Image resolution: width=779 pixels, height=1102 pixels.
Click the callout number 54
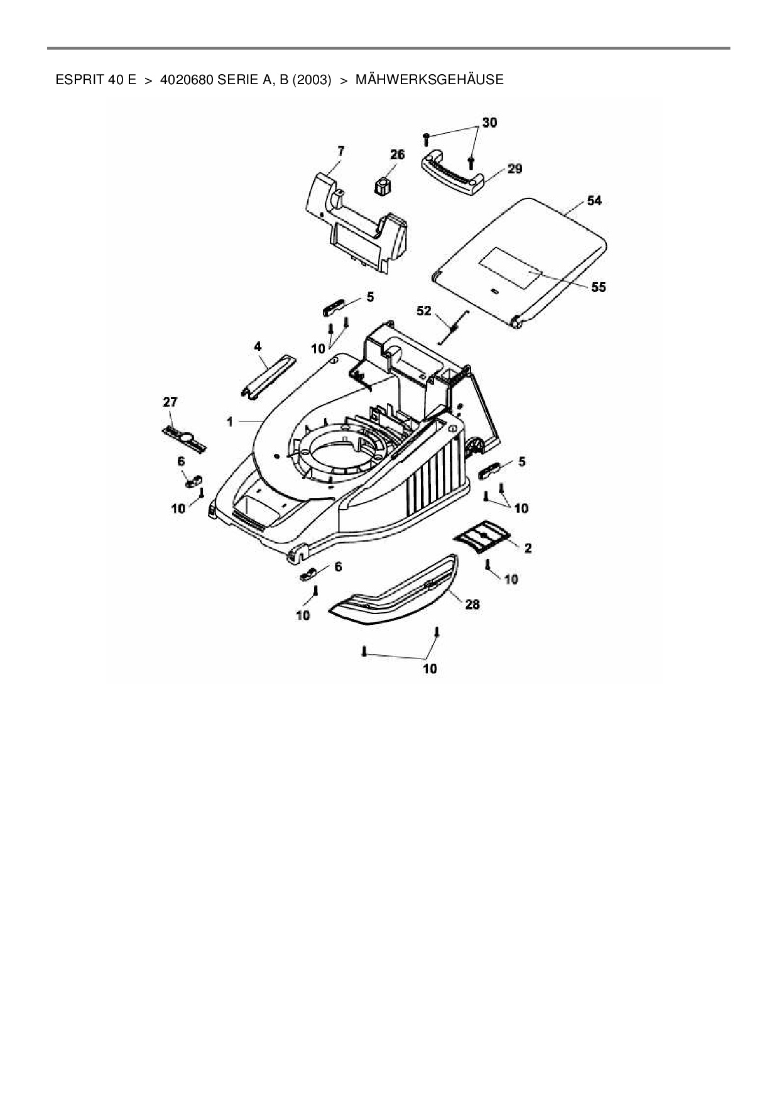point(594,200)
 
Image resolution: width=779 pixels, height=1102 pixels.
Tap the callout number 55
point(598,287)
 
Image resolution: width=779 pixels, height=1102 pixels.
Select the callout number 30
point(489,123)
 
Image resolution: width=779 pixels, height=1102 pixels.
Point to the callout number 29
point(515,169)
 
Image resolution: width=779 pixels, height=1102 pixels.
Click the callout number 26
point(397,155)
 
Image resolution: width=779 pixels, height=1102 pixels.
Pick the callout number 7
point(340,150)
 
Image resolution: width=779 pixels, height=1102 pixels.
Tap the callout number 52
point(425,310)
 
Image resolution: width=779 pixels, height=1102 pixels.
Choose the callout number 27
point(170,402)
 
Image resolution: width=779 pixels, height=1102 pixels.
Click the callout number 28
point(472,604)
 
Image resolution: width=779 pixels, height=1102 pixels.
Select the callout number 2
point(528,548)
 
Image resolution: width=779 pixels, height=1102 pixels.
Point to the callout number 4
point(258,346)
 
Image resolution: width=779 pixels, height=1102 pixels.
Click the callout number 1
point(230,422)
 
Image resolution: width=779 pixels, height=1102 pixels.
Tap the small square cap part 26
point(381,186)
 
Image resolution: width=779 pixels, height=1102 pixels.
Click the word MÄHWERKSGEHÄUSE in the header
point(429,80)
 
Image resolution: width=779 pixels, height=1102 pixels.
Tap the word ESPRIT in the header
point(76,80)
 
